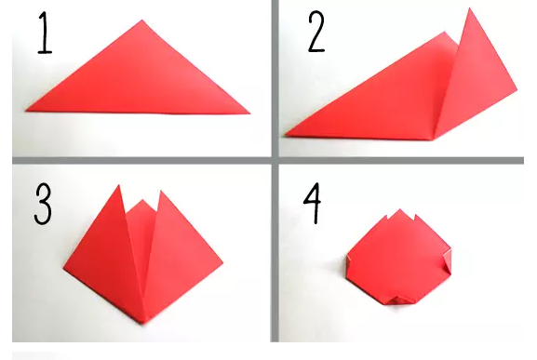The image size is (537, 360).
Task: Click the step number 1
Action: click(45, 33)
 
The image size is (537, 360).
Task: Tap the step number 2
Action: click(316, 32)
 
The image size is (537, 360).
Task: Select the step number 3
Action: click(43, 204)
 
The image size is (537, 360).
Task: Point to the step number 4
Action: click(313, 204)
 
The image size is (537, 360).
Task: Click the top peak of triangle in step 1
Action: click(142, 20)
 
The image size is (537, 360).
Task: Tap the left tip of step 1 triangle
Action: click(26, 110)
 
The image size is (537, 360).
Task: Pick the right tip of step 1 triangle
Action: click(250, 113)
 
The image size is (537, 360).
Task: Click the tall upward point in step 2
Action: click(470, 8)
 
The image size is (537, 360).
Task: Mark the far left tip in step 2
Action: click(285, 136)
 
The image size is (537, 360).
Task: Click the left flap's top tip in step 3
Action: click(119, 185)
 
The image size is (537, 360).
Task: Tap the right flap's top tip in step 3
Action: click(160, 191)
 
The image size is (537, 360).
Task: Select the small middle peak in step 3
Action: click(142, 199)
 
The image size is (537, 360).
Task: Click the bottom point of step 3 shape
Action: click(144, 323)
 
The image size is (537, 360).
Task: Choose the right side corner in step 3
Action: click(223, 263)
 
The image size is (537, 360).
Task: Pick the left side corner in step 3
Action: click(64, 268)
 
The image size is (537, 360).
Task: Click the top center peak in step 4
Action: click(399, 209)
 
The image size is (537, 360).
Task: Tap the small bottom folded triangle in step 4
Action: click(399, 300)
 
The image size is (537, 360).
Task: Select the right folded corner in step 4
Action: click(448, 260)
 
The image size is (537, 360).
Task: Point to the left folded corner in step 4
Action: click(349, 261)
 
